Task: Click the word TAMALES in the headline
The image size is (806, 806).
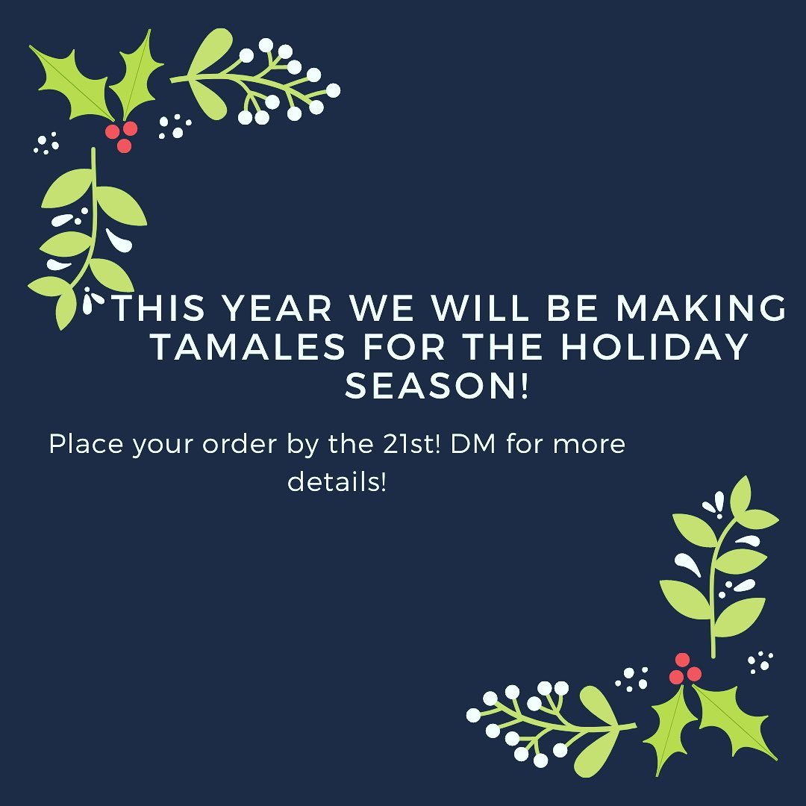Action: tap(249, 346)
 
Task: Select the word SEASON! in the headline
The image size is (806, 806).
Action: tap(436, 386)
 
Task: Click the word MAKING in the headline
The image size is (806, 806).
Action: tap(701, 308)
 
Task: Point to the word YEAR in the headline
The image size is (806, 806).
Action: tap(278, 308)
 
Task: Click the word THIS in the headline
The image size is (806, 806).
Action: tap(159, 308)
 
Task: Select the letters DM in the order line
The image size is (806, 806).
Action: tap(473, 443)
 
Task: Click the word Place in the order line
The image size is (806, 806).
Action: tap(86, 443)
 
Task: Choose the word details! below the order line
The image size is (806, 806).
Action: tap(337, 481)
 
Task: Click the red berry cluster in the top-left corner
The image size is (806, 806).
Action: tap(122, 137)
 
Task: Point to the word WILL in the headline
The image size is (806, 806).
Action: tap(480, 308)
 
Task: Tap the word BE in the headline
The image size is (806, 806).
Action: tap(572, 308)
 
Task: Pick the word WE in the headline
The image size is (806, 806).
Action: tap(381, 308)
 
